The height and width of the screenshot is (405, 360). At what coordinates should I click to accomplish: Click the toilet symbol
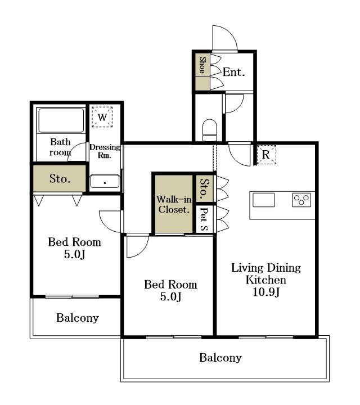(209, 130)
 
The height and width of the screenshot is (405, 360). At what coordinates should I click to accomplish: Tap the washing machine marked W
(102, 117)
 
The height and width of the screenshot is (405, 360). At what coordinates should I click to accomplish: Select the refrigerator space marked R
(266, 155)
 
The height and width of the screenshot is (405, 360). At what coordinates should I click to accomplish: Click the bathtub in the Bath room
(61, 120)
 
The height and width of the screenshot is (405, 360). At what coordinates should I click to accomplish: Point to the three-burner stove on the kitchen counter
(301, 200)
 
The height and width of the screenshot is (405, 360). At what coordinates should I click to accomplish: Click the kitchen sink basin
(263, 200)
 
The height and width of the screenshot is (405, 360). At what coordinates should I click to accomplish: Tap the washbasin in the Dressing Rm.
(105, 181)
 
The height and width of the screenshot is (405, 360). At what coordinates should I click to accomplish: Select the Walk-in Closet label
(174, 204)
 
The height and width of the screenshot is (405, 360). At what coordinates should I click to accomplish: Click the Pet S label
(204, 219)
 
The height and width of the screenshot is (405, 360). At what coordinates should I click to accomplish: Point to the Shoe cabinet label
(202, 65)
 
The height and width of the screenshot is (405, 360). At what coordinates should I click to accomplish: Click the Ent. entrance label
(233, 72)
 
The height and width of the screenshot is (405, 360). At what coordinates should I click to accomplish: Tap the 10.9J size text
(266, 292)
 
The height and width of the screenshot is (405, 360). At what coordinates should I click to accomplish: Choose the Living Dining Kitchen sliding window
(265, 337)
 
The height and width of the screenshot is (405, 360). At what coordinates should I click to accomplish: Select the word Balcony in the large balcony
(220, 358)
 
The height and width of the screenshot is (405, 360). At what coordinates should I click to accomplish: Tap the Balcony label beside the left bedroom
(78, 318)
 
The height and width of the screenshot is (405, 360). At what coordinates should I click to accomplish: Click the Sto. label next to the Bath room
(60, 178)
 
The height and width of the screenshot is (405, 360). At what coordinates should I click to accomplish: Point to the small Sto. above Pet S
(204, 188)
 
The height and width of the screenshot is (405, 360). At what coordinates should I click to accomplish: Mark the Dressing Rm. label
(105, 151)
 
